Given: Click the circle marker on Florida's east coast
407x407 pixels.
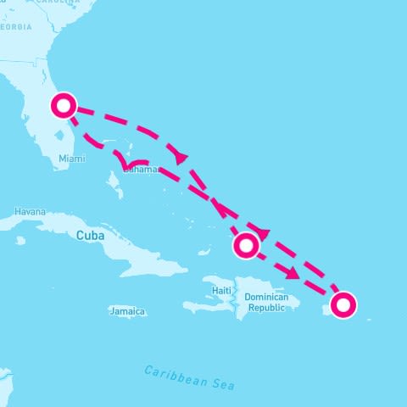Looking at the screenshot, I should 64,106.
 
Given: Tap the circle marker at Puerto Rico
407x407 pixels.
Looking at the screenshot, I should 343,304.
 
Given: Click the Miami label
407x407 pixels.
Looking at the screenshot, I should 72,159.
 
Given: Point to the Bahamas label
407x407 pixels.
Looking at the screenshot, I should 141,169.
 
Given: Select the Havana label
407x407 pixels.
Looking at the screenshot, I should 30,211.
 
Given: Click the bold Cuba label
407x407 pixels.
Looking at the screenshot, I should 91,235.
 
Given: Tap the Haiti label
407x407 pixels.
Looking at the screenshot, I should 222,291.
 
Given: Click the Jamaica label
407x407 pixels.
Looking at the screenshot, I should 127,312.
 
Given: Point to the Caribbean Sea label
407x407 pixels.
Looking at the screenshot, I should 188,377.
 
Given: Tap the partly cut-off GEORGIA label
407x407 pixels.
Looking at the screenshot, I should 16,27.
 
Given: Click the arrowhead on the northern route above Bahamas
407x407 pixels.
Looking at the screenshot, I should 181,157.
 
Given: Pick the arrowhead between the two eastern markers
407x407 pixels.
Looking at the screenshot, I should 293,273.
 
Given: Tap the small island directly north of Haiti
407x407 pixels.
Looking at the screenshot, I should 203,252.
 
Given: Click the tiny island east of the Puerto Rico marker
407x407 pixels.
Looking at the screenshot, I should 368,318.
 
